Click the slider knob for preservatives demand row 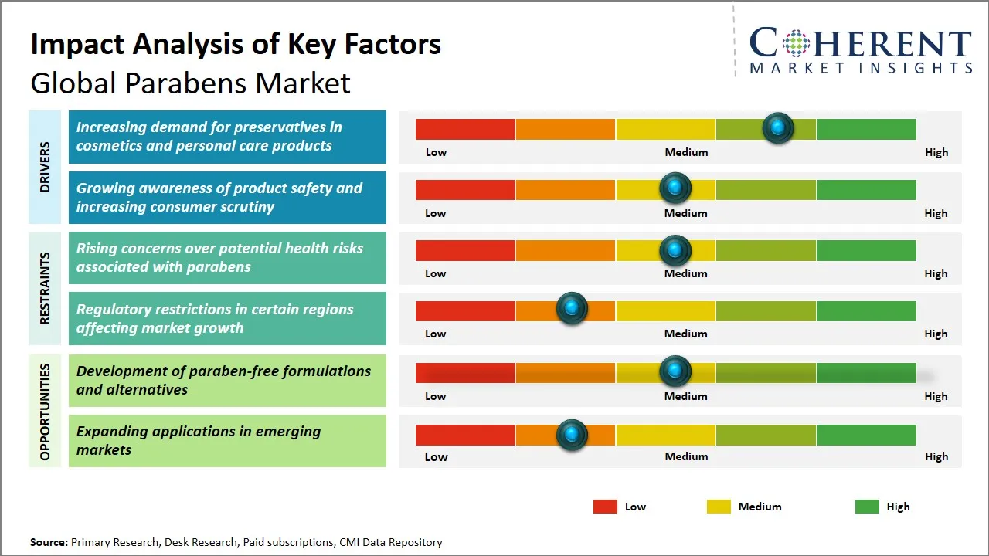pos(778,127)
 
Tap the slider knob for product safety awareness pos(675,188)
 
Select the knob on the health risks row pos(675,250)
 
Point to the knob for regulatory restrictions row pos(572,309)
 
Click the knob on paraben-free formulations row pos(675,371)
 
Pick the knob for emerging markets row pos(572,435)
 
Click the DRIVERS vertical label pos(45,167)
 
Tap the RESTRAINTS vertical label pos(45,288)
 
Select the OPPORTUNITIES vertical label pos(45,412)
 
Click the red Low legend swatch pos(605,507)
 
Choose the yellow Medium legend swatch pos(719,507)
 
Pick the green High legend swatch pos(867,507)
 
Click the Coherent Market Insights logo pos(860,49)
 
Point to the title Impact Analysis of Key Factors pos(236,44)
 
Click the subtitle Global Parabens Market pos(190,83)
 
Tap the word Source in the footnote pos(49,542)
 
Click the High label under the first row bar pos(936,152)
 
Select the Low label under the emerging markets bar pos(436,456)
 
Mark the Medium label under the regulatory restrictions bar pos(686,334)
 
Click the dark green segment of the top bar pos(865,129)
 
